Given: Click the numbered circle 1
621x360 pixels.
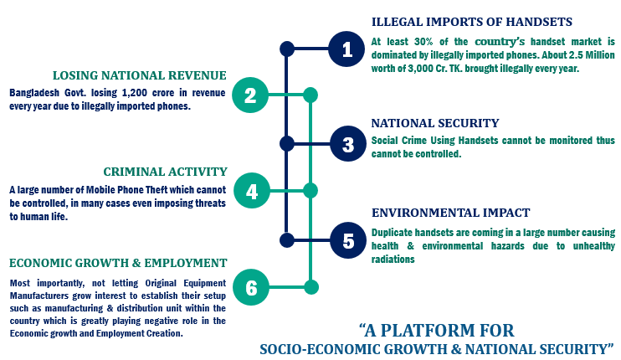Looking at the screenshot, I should [x=346, y=49].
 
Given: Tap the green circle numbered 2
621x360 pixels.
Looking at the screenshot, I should [x=250, y=95].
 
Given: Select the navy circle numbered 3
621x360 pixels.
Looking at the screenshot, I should [x=346, y=143].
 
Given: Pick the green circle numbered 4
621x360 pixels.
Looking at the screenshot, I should [x=250, y=191].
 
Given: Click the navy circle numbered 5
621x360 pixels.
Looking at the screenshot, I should [x=346, y=240].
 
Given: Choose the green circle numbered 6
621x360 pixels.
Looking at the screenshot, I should [x=250, y=287].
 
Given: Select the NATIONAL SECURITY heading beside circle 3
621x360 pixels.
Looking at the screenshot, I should [x=435, y=122].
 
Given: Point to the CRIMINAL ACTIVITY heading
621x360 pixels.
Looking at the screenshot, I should [x=165, y=171].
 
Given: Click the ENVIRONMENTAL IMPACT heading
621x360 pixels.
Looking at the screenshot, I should [x=451, y=213].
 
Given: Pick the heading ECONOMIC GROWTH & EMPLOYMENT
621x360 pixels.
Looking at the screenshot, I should [x=118, y=263].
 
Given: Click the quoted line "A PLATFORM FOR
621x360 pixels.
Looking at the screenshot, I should [x=437, y=328].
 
